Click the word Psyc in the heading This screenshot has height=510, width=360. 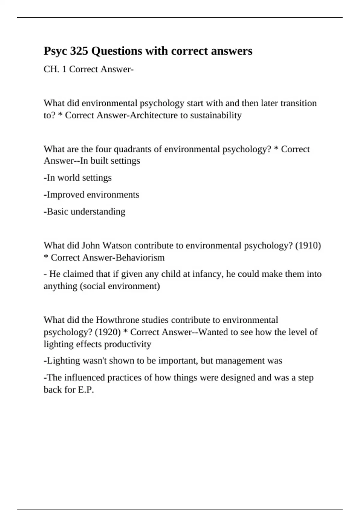coord(55,51)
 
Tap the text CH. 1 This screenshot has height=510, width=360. coord(55,69)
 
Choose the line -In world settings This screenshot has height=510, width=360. coord(78,178)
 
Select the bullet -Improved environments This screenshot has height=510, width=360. coord(91,195)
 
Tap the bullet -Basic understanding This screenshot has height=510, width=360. coord(85,211)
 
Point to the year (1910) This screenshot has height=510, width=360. coord(308,246)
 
